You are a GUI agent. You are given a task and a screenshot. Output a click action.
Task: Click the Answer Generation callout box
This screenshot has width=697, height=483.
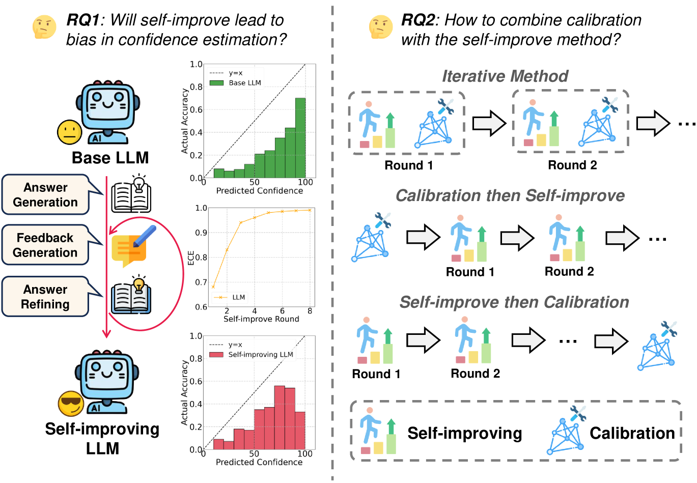coord(45,195)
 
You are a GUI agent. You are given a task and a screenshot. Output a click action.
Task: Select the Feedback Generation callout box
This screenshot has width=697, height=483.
coord(45,245)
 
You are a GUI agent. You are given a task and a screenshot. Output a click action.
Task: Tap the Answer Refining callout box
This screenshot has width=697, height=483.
coord(45,297)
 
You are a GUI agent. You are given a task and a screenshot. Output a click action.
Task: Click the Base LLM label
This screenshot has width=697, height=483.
coord(110,158)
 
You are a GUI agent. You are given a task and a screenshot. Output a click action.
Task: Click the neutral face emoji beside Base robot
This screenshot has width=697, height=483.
coord(70,132)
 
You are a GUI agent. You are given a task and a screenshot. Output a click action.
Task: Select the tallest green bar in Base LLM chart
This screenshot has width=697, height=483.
coord(300,137)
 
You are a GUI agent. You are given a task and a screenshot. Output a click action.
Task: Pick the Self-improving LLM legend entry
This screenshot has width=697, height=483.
coord(252,355)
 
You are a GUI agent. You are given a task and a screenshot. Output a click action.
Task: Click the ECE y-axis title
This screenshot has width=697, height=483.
coord(191,258)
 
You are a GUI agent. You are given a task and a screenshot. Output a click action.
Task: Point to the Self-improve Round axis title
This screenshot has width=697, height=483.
coord(261,319)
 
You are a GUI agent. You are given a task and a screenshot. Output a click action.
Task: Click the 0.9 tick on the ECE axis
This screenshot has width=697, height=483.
coord(202,233)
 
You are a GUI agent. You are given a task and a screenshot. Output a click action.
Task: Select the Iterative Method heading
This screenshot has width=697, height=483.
coord(505,76)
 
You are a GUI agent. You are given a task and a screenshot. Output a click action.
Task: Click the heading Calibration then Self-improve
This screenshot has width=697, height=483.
coord(510,196)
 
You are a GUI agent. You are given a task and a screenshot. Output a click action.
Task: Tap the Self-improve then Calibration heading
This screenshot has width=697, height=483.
coord(514,302)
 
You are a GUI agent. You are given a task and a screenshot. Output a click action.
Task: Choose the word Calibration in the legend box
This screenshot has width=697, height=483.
coord(632,433)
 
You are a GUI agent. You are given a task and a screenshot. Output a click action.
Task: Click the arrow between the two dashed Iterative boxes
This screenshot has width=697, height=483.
coord(489,123)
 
